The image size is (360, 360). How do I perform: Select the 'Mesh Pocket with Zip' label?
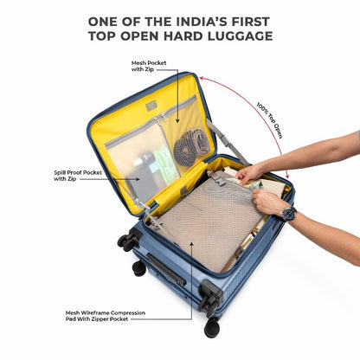[x=149, y=66]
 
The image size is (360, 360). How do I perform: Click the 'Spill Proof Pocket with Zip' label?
[x=78, y=176]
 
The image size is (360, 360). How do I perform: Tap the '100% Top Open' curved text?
[x=269, y=120]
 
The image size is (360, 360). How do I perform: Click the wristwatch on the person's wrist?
[x=289, y=214]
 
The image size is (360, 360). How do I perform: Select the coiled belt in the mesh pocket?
[x=191, y=147]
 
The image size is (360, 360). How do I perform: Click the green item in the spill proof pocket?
[x=165, y=164]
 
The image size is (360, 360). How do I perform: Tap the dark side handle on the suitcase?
[x=166, y=269]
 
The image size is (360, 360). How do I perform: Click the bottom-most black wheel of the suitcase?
[x=212, y=327]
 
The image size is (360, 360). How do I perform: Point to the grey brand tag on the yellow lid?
[x=151, y=106]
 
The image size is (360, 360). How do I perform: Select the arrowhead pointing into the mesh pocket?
[x=177, y=120]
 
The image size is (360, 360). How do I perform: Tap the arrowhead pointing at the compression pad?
[x=191, y=245]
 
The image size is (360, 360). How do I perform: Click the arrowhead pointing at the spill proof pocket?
[x=138, y=179]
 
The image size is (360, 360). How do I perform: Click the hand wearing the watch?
[x=267, y=202]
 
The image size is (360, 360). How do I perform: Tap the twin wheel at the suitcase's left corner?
[x=127, y=240]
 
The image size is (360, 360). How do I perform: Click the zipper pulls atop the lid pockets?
[x=159, y=119]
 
